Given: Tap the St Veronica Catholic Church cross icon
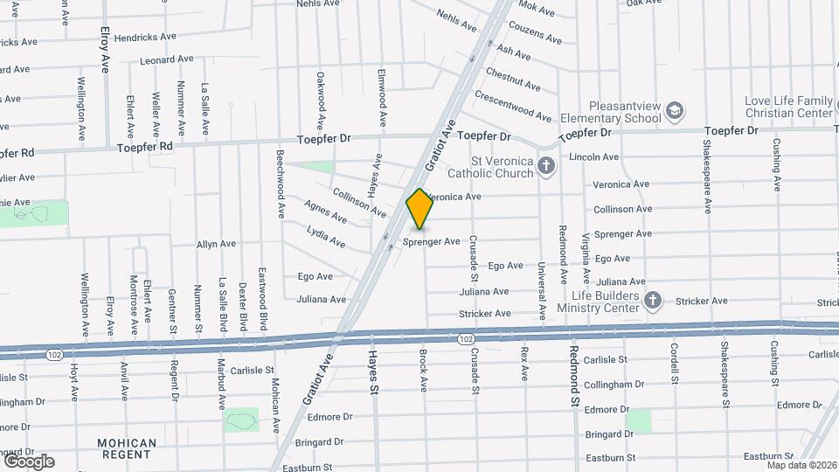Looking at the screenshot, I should pyautogui.click(x=546, y=166).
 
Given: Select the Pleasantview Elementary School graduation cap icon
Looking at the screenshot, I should pyautogui.click(x=674, y=111).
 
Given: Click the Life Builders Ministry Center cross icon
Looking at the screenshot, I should pyautogui.click(x=652, y=302).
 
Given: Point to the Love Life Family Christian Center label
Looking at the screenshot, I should pyautogui.click(x=788, y=107).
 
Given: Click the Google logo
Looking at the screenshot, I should pyautogui.click(x=29, y=461).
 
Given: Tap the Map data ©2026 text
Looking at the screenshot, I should pyautogui.click(x=801, y=464).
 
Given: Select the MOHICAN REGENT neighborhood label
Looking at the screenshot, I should pyautogui.click(x=127, y=449).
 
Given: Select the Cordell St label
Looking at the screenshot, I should pyautogui.click(x=675, y=362).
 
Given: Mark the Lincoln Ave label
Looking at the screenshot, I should pyautogui.click(x=593, y=157).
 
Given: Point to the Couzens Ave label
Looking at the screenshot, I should pyautogui.click(x=540, y=36).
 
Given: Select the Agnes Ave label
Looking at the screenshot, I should pyautogui.click(x=325, y=211).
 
